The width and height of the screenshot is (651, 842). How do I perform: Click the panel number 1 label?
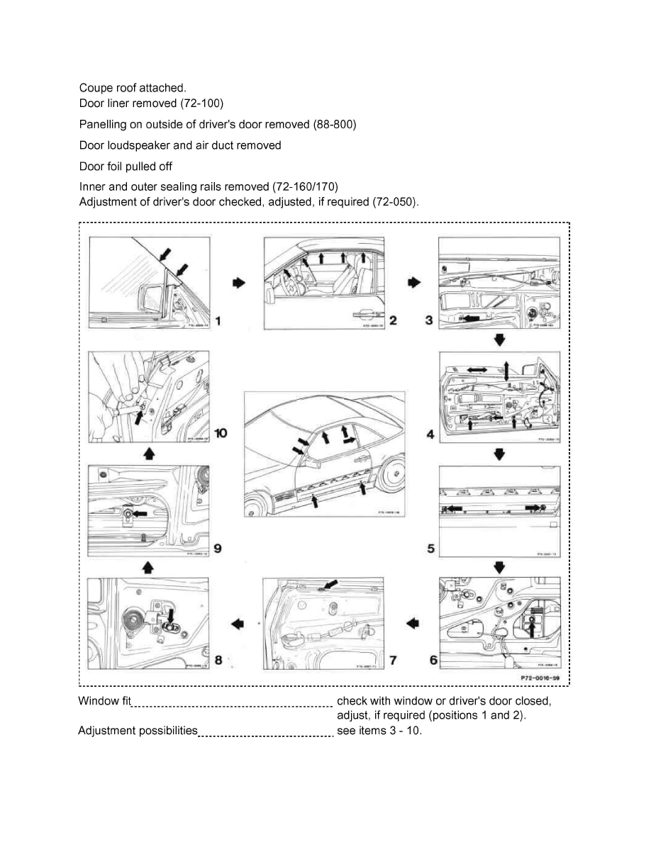pos(218,321)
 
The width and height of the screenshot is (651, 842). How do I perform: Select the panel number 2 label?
pos(392,321)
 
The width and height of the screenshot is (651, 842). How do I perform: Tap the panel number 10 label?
pos(221,433)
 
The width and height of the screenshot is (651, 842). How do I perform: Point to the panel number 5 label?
pos(431,548)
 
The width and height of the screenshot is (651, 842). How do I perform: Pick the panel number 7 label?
pos(392,661)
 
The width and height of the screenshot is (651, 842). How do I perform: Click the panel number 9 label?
pos(218,548)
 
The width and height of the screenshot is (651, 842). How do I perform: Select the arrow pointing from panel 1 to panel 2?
pos(238,282)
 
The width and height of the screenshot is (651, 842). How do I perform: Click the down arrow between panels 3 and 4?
pos(499,340)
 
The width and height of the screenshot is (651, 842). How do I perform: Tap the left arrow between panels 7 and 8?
pos(238,623)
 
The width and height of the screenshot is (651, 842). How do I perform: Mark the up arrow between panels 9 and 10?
pos(149,453)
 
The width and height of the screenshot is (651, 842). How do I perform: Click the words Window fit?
pos(105,701)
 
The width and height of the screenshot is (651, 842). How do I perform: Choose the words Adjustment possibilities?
pos(138,730)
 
